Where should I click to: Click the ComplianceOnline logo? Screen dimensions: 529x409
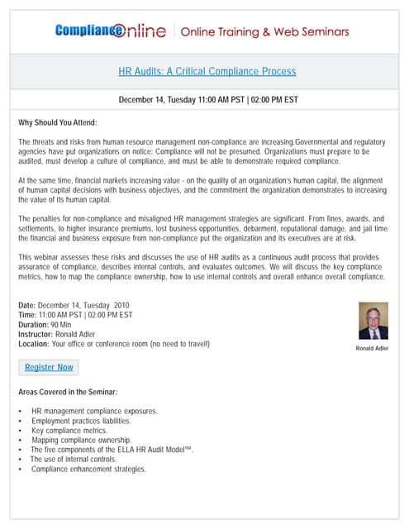click(x=113, y=31)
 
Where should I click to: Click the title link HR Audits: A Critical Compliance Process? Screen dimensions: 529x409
click(x=207, y=71)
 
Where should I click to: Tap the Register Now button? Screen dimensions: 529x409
click(x=49, y=367)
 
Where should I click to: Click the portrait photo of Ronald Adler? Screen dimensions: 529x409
click(x=373, y=321)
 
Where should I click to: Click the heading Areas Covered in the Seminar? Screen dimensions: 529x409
click(x=68, y=391)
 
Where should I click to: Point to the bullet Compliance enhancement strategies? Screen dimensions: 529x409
click(x=88, y=469)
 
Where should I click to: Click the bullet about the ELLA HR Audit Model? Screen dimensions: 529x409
click(x=112, y=450)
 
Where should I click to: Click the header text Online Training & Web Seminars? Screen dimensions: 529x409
click(x=264, y=32)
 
